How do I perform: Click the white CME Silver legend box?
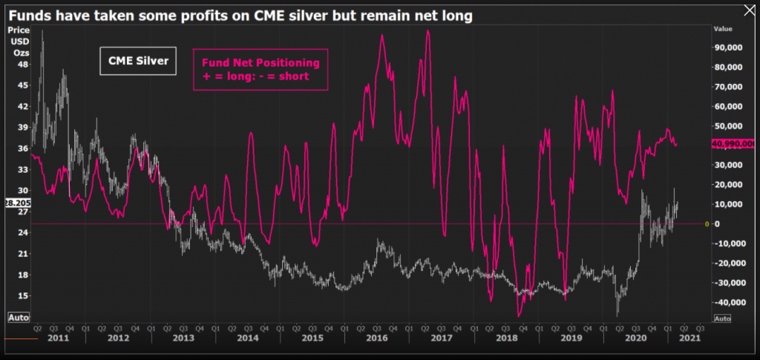tap(138, 62)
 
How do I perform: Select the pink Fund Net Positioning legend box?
tap(260, 69)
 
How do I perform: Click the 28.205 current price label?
tap(16, 201)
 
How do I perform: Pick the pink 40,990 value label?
tap(733, 144)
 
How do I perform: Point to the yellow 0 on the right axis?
tap(707, 223)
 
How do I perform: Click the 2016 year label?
tap(377, 338)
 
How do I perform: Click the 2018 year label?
tap(507, 338)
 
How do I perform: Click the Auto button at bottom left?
tap(18, 317)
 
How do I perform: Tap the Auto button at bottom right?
tap(723, 318)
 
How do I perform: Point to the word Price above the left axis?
tap(18, 30)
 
